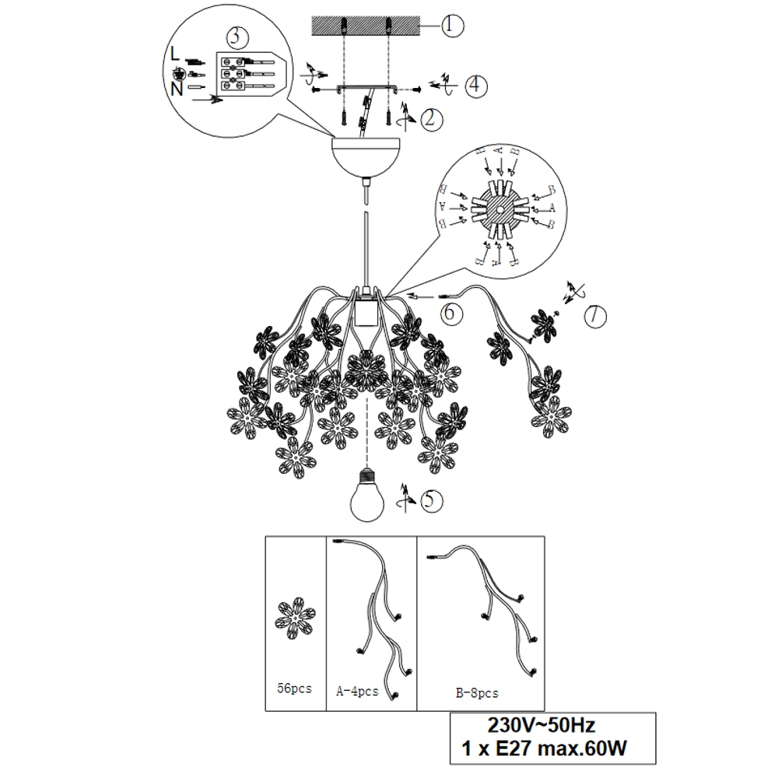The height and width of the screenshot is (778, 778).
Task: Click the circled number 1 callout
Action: pyautogui.click(x=451, y=25)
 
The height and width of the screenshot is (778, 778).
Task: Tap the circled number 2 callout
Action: pyautogui.click(x=431, y=119)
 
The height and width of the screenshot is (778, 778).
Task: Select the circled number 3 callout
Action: pyautogui.click(x=237, y=37)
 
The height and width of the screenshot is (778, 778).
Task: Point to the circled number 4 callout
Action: pyautogui.click(x=475, y=86)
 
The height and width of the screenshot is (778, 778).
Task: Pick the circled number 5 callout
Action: pyautogui.click(x=431, y=500)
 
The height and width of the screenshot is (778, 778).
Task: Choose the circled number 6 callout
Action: pyautogui.click(x=451, y=313)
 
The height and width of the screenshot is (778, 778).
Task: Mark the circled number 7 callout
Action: pyautogui.click(x=595, y=316)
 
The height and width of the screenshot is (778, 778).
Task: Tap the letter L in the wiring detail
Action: pyautogui.click(x=174, y=54)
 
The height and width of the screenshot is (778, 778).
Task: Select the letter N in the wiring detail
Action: pyautogui.click(x=177, y=89)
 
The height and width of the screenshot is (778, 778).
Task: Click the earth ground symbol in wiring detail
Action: pyautogui.click(x=179, y=75)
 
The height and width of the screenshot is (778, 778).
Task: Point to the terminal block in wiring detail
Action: pyautogui.click(x=247, y=74)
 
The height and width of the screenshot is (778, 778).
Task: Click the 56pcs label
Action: pyautogui.click(x=294, y=689)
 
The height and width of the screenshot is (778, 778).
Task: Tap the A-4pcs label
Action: pyautogui.click(x=357, y=691)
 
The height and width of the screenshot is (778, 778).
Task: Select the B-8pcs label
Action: pyautogui.click(x=477, y=693)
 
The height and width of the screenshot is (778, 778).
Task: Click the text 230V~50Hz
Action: pyautogui.click(x=541, y=725)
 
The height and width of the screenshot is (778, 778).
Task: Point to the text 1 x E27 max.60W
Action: pyautogui.click(x=544, y=748)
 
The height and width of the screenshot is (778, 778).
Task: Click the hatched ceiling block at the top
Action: pyautogui.click(x=366, y=26)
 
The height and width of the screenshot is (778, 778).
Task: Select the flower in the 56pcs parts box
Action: pyautogui.click(x=295, y=619)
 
